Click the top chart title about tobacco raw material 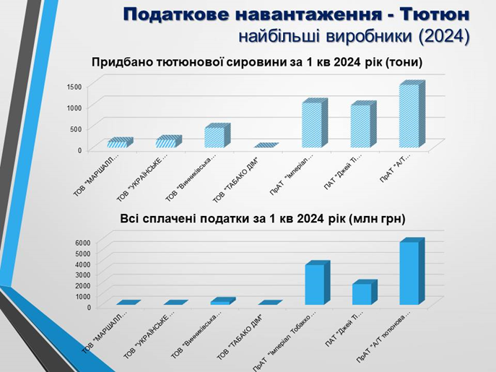tap(256, 62)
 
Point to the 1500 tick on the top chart tap(74, 86)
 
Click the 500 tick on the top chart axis tap(76, 129)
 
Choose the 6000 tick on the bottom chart tap(83, 242)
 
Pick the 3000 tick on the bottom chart tap(83, 274)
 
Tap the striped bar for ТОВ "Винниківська tap(214, 137)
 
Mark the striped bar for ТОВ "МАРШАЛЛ tap(118, 143)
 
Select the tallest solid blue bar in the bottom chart tap(409, 273)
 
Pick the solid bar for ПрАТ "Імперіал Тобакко tap(313, 285)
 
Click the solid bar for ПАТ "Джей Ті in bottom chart tap(361, 293)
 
